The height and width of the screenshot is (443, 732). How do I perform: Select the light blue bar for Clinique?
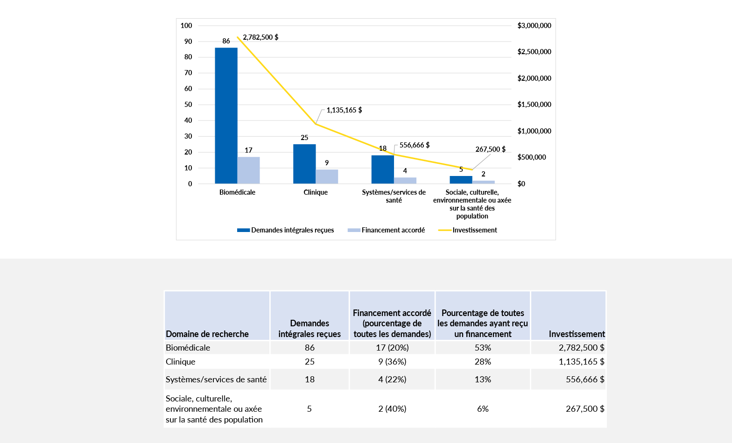click(327, 176)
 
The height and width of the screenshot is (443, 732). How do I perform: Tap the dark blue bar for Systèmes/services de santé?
click(382, 169)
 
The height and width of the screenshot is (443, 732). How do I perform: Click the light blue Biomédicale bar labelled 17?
click(248, 170)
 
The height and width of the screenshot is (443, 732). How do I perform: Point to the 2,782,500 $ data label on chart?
click(260, 37)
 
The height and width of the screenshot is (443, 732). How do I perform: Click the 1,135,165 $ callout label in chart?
click(344, 110)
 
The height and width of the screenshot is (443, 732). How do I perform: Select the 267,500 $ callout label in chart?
click(490, 149)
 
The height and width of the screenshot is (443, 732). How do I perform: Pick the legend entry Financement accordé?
click(393, 230)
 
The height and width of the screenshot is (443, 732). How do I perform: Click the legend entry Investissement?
click(474, 230)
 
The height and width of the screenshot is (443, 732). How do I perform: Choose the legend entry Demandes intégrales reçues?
click(292, 230)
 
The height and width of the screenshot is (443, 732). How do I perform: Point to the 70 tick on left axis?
click(188, 73)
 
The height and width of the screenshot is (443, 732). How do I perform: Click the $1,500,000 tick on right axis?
click(534, 105)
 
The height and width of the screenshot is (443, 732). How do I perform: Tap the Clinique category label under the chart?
click(316, 192)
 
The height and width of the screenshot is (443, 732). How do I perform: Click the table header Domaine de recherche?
click(207, 334)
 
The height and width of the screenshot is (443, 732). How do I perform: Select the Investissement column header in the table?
click(577, 334)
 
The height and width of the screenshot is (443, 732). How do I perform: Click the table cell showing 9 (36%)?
click(392, 362)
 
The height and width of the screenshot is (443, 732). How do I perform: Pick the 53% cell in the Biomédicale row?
click(483, 348)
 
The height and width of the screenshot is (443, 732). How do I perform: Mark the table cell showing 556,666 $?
click(585, 380)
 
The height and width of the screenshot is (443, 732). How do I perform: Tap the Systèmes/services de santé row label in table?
click(216, 380)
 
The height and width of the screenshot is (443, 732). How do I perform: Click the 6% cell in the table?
click(483, 409)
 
